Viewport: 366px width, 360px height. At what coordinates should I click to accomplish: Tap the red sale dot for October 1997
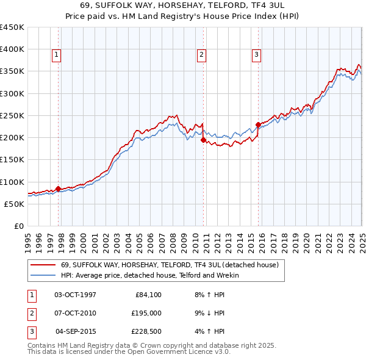tap(58, 189)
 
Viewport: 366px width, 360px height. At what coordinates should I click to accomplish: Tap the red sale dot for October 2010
tap(203, 140)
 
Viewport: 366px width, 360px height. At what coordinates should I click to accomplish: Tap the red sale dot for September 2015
tap(258, 125)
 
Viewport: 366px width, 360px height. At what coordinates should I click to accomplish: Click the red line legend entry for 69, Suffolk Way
tap(170, 265)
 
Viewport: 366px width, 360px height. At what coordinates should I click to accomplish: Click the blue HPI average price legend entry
tap(149, 275)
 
